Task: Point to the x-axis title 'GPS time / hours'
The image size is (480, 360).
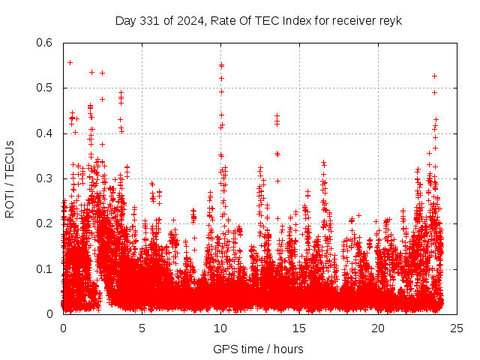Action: point(259,348)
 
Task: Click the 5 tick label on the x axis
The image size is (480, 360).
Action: point(142,327)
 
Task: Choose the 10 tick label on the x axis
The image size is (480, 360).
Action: point(220,327)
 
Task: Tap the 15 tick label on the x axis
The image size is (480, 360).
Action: point(299,327)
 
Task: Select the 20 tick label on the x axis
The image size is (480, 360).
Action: point(378,327)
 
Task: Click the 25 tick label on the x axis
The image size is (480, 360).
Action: point(457,327)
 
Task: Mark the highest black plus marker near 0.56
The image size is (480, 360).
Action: point(70,62)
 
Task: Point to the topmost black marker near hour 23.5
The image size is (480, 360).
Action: point(434,76)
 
